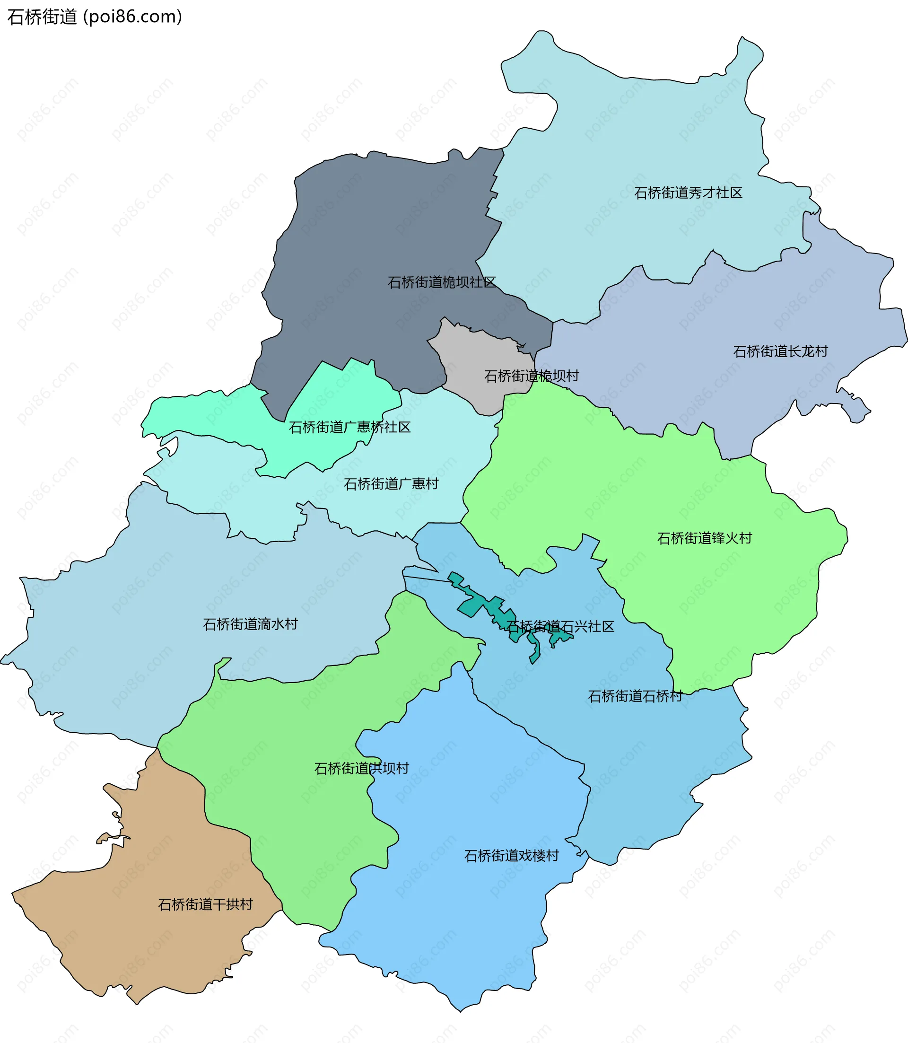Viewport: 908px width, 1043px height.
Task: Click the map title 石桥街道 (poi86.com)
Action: tap(94, 17)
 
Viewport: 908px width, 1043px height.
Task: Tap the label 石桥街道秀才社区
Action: tap(688, 193)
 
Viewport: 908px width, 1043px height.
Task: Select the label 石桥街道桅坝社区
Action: tap(441, 282)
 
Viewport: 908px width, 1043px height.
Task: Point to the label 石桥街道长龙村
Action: tap(780, 351)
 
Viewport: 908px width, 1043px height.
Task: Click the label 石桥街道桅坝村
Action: tap(532, 376)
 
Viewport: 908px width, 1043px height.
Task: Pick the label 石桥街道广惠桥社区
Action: tap(349, 427)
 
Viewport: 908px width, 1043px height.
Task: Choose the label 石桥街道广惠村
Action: tap(391, 484)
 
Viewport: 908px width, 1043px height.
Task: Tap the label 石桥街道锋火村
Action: tap(704, 538)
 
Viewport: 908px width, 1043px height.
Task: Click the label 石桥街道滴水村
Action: tap(250, 624)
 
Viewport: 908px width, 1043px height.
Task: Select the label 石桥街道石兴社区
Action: tap(560, 626)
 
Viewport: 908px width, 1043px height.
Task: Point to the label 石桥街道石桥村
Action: tap(635, 696)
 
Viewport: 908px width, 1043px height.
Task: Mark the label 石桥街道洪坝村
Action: tap(361, 768)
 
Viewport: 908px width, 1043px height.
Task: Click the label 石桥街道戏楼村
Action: tap(511, 856)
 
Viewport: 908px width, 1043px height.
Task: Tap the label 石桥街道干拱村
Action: tap(205, 904)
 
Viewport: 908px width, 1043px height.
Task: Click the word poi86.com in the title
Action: tap(133, 17)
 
